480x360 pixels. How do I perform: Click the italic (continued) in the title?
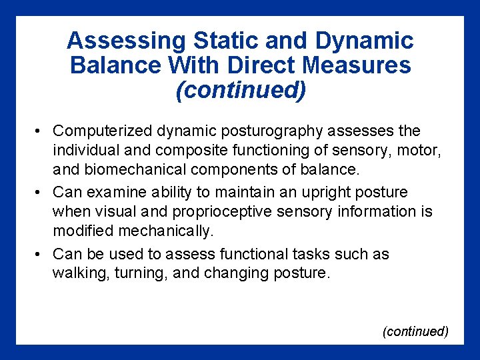(240, 90)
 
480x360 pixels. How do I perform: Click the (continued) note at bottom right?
(415, 331)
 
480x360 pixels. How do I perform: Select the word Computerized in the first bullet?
(98, 131)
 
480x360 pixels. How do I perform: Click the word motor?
(423, 150)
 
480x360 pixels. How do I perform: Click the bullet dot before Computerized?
(41, 131)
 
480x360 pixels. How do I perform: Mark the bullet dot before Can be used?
(41, 255)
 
